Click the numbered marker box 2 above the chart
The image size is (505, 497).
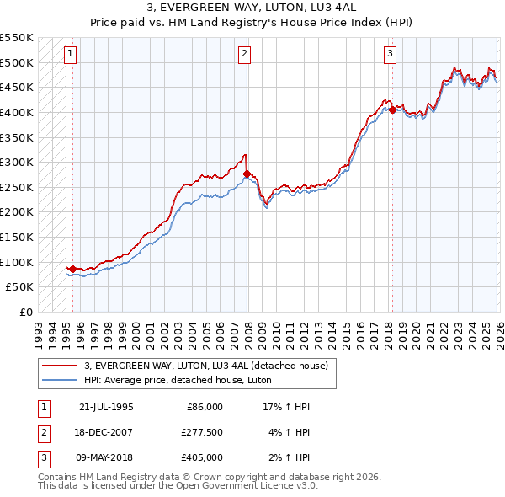[x=244, y=55]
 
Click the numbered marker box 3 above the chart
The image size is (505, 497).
[x=391, y=55]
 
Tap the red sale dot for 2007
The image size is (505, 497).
[x=247, y=174]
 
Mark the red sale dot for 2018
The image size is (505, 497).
[x=392, y=110]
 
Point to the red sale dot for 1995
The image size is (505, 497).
[x=73, y=269]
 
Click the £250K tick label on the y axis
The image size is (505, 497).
[x=16, y=187]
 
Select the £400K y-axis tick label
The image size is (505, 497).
[x=16, y=112]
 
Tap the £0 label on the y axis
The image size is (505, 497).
[x=25, y=312]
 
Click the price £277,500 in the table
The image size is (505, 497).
[x=202, y=432]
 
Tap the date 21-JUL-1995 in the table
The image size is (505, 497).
[x=106, y=407]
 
